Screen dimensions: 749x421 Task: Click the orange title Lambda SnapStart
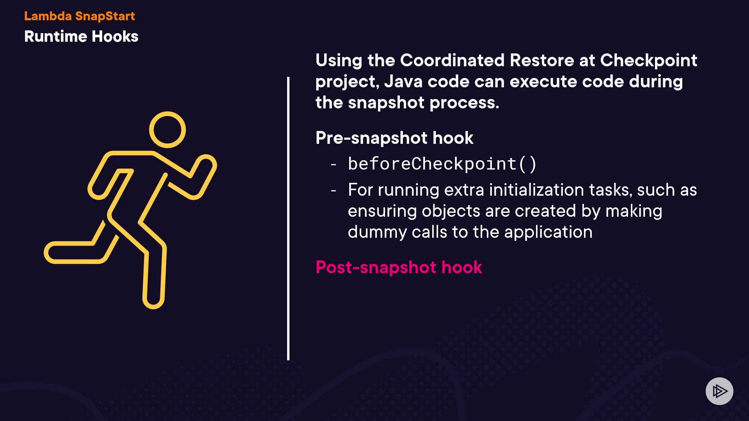point(80,16)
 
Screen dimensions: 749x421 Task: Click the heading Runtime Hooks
point(81,36)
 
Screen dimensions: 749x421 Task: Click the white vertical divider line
point(288,218)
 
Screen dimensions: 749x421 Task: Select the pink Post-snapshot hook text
point(399,267)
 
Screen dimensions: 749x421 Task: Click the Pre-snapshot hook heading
point(394,138)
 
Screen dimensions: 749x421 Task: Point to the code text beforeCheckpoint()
point(442,164)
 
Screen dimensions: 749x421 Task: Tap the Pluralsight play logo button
point(719,391)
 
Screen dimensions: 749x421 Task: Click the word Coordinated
point(452,60)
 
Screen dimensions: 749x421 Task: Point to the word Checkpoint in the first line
point(649,60)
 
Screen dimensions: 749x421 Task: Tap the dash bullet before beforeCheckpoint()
point(334,165)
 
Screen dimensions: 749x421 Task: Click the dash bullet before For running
point(334,191)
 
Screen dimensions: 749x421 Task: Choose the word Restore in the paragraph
point(542,60)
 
